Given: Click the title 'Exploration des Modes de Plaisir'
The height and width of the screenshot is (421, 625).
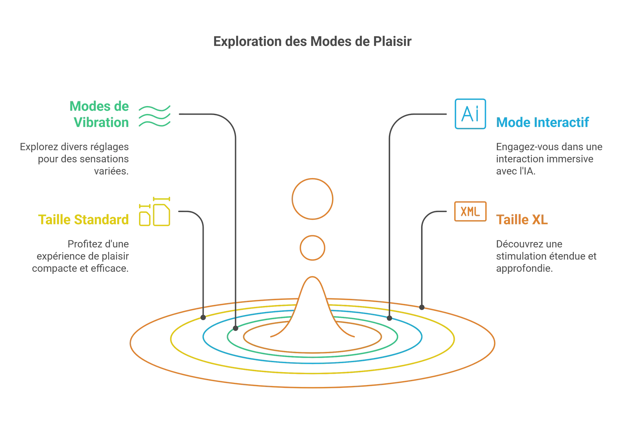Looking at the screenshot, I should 312,42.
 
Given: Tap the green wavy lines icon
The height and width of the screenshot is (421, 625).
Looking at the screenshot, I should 154,116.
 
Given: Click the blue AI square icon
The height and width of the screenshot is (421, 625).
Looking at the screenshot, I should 470,114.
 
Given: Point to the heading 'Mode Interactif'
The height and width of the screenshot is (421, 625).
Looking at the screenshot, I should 542,122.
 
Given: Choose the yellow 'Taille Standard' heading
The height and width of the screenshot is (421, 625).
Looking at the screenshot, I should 84,220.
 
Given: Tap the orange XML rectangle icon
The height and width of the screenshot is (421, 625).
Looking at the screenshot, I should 470,211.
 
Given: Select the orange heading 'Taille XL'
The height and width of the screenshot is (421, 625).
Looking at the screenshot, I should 522,220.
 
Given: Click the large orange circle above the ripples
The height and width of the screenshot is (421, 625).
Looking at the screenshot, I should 312,199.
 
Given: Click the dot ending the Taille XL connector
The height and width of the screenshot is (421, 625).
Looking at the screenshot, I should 422,308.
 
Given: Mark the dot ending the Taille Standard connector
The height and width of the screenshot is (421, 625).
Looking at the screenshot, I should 203,318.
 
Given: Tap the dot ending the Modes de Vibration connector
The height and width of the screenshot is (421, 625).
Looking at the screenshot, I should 236,328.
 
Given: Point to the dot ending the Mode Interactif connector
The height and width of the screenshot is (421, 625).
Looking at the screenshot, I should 389,318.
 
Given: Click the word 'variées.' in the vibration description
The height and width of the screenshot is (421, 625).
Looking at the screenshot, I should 111,171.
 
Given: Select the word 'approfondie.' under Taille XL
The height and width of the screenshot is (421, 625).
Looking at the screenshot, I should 524,268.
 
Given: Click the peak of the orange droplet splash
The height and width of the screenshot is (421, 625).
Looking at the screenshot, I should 312,277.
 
